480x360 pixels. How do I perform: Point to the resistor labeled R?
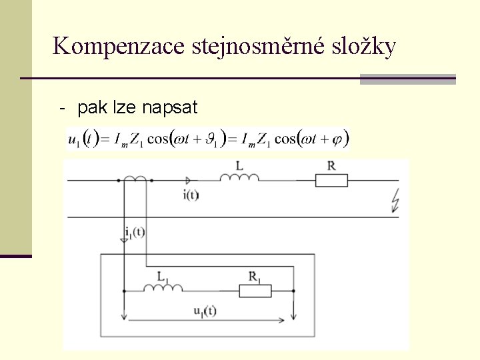pos(331,180)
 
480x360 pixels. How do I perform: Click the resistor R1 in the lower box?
pos(255,291)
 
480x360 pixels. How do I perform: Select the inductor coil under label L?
pos(239,177)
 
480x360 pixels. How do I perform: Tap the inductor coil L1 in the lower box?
pos(163,287)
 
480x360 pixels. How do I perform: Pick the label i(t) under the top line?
pos(191,195)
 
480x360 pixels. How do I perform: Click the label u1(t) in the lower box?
pos(205,310)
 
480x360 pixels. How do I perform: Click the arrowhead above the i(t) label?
pos(189,180)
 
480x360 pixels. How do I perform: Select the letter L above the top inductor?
pos(239,165)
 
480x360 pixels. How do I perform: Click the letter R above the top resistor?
pos(331,165)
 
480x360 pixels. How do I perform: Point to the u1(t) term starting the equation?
pos(83,139)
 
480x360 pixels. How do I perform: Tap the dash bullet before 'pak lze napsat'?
pos(62,107)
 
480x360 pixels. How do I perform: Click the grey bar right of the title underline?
pos(407,79)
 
